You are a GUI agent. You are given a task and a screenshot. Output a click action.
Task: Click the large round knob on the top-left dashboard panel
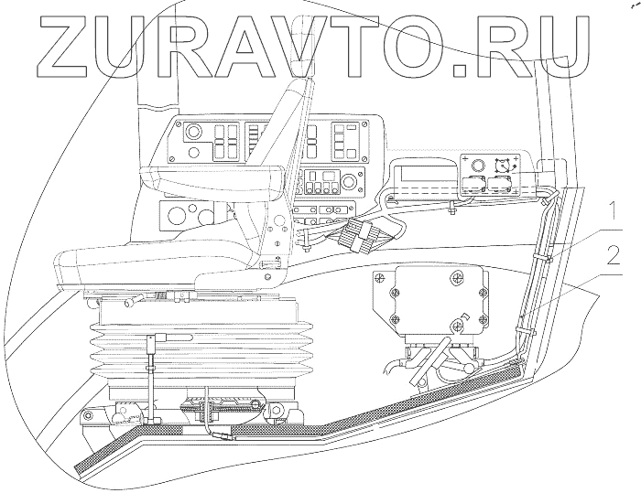194,134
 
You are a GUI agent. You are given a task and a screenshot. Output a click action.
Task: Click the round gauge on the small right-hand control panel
475,164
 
